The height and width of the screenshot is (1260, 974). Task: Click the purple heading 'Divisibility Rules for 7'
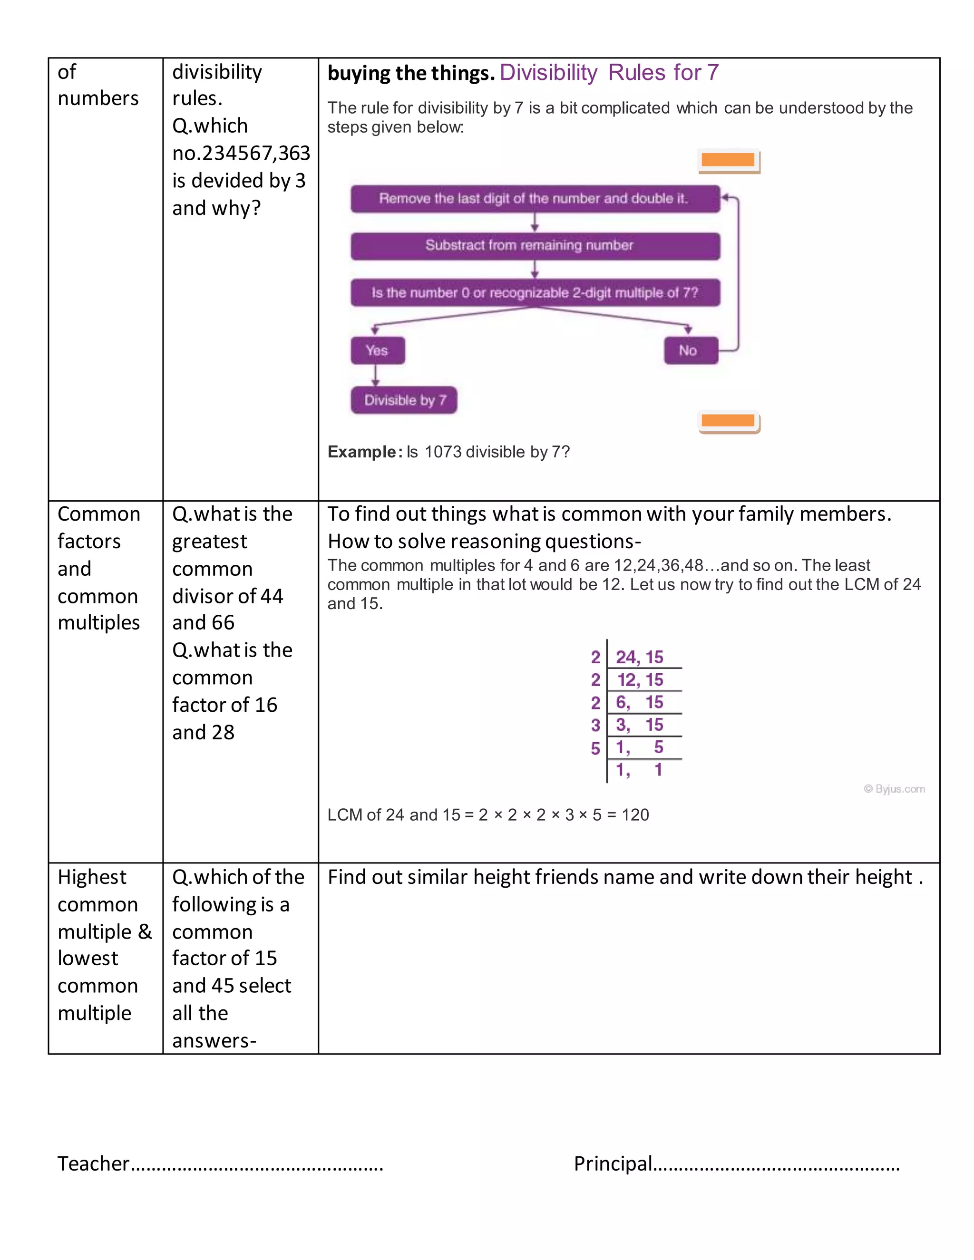tap(609, 73)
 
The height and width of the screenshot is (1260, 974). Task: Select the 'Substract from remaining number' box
tap(535, 246)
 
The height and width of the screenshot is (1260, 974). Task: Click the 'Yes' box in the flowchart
tap(377, 350)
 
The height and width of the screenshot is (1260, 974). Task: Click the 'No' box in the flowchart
tap(690, 350)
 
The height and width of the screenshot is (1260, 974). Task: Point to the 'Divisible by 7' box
tap(404, 400)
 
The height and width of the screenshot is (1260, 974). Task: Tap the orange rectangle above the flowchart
tap(728, 160)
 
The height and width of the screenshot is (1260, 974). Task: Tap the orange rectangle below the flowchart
tap(728, 421)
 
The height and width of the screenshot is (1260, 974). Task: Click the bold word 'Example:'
tap(365, 452)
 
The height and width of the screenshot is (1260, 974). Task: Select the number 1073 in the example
tap(443, 452)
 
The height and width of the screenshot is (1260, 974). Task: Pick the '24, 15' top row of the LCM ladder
tap(639, 657)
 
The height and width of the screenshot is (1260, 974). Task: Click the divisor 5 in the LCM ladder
tap(595, 748)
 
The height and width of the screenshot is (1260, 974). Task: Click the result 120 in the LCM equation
tap(635, 814)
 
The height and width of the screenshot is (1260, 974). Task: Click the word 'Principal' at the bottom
tap(613, 1163)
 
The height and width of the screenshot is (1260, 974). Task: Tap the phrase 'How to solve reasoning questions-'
tap(484, 541)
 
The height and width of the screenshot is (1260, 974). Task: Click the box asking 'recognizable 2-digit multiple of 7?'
tap(535, 293)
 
